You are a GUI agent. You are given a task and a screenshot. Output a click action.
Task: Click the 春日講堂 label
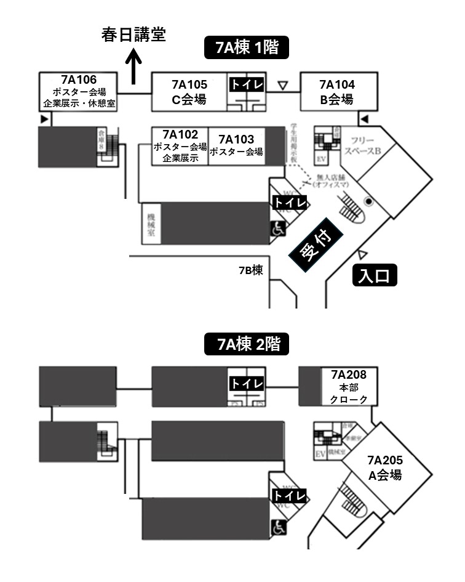[133, 35]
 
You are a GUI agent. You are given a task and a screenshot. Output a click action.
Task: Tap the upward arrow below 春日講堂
[133, 67]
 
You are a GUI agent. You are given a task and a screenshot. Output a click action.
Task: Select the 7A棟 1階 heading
[246, 48]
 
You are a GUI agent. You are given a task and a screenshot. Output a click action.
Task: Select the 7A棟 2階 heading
[246, 344]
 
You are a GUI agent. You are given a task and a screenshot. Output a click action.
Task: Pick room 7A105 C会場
[189, 92]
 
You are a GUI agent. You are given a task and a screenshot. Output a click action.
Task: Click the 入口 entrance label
[375, 276]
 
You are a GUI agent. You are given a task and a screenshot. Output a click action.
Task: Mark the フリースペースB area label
[362, 145]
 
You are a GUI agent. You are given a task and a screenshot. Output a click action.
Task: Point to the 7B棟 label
[251, 270]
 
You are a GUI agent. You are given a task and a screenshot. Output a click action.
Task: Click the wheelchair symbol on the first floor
[279, 228]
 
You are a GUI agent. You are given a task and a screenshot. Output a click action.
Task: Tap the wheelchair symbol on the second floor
[279, 527]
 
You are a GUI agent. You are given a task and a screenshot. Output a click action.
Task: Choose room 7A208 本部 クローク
[348, 387]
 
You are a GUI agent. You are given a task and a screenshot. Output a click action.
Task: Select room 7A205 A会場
[385, 467]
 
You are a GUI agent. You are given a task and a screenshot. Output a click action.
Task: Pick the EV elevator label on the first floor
[320, 158]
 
